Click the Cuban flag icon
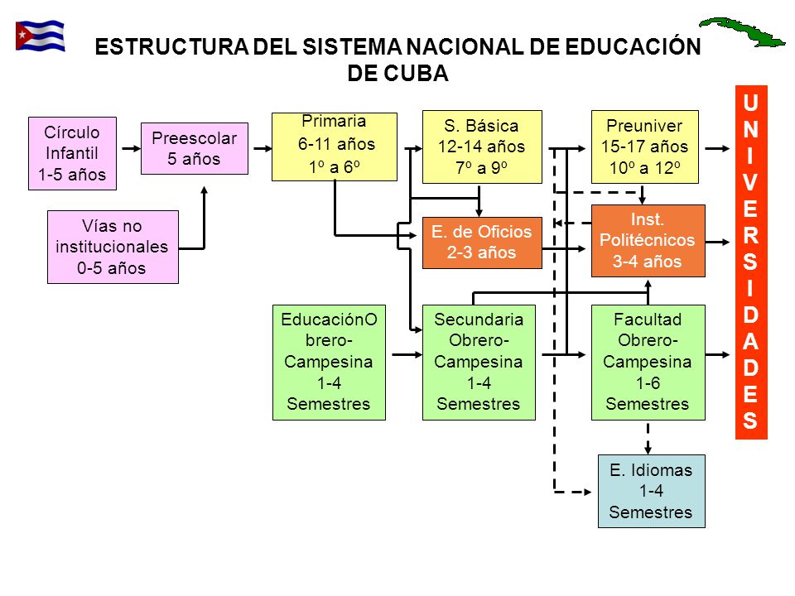click(40, 36)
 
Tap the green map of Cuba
click(741, 31)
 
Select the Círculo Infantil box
click(72, 154)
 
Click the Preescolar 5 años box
click(195, 148)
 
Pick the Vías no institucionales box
click(113, 247)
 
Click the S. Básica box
click(482, 147)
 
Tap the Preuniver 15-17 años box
click(646, 147)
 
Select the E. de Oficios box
click(482, 243)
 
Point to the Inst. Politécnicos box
click(648, 241)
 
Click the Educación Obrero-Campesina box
click(329, 362)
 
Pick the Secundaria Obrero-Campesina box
click(479, 362)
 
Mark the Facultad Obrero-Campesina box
click(648, 362)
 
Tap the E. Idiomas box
click(651, 491)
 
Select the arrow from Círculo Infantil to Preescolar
click(129, 149)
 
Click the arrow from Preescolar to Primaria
click(260, 149)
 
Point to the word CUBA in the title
click(412, 74)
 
